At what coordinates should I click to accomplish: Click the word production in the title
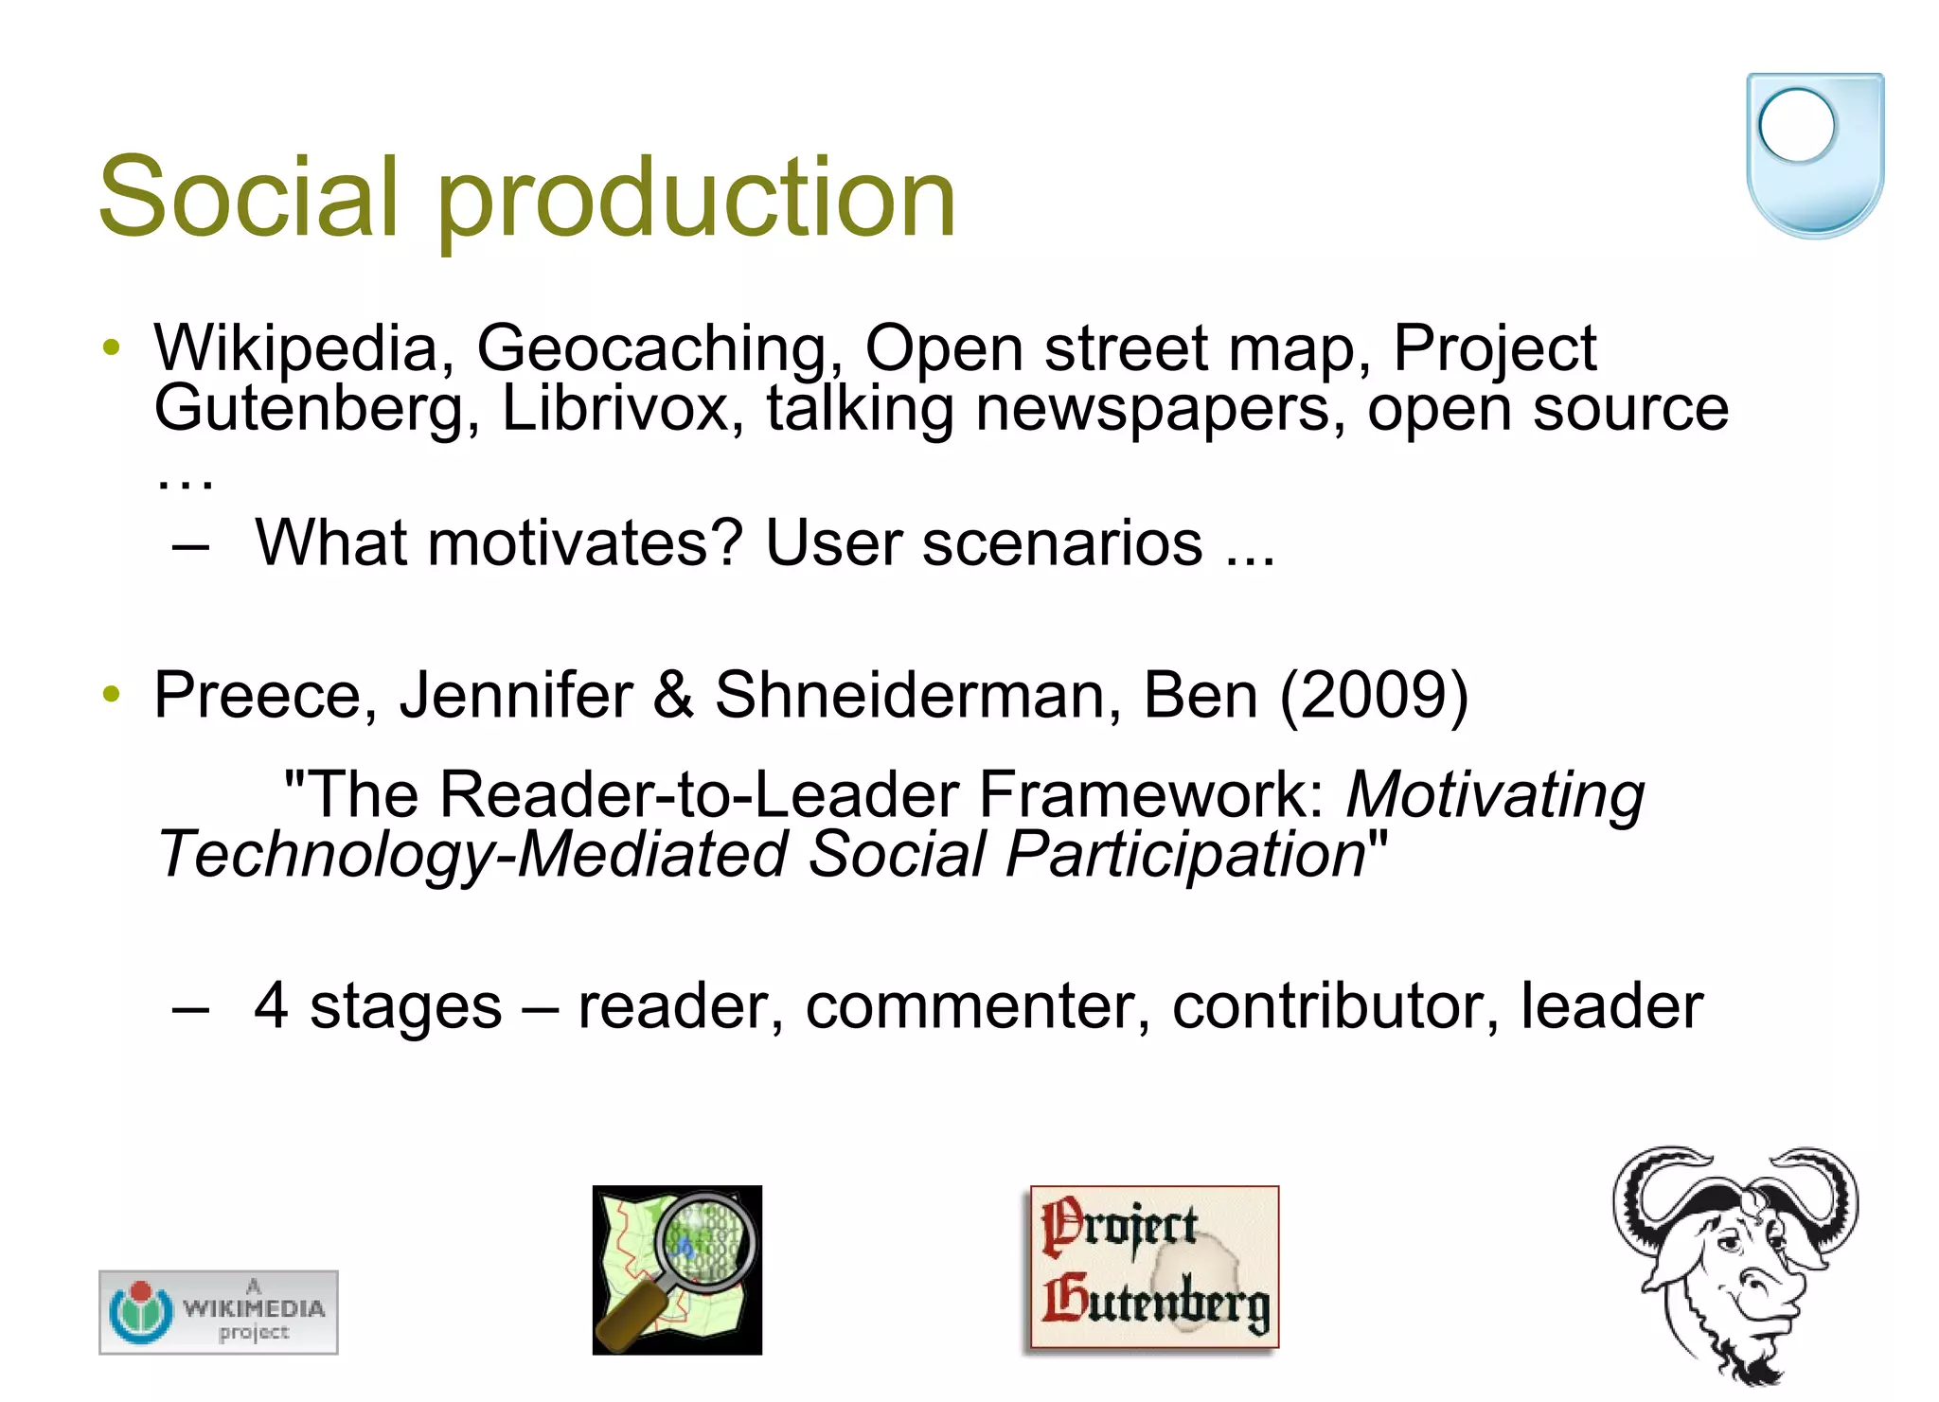click(x=696, y=199)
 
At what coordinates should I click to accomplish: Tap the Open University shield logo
click(x=1814, y=154)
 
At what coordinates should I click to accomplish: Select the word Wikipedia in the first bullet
click(x=295, y=349)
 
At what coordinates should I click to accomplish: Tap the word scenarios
click(x=1062, y=543)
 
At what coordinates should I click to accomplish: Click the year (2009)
click(x=1374, y=695)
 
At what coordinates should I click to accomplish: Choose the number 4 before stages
click(x=271, y=1005)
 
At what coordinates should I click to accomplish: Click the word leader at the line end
click(x=1611, y=1005)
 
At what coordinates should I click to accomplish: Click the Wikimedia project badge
click(x=219, y=1312)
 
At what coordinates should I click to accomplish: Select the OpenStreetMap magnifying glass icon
click(x=677, y=1269)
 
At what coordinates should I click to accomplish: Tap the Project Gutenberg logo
click(x=1154, y=1267)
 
